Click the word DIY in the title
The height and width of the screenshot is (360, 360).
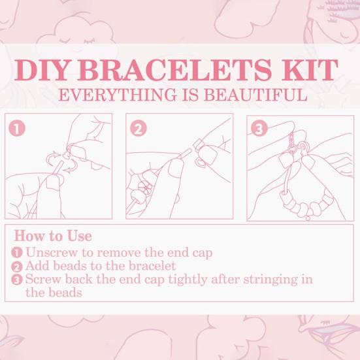41,70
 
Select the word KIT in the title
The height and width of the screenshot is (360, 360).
310,70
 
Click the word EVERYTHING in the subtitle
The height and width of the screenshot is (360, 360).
118,95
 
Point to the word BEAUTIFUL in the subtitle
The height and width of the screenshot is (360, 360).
255,95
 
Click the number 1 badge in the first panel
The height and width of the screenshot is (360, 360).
17,129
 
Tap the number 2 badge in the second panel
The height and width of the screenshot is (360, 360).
139,129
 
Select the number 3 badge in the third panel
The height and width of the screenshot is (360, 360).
259,129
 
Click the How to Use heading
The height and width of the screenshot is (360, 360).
53,236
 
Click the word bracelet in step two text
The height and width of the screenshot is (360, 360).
152,266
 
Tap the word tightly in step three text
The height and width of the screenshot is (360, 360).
188,280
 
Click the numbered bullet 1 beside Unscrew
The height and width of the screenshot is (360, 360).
17,253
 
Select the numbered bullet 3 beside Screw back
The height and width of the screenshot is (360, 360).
17,280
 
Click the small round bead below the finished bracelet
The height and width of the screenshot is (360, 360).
308,218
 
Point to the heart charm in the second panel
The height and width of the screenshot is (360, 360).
201,163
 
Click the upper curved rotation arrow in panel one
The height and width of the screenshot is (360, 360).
52,157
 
